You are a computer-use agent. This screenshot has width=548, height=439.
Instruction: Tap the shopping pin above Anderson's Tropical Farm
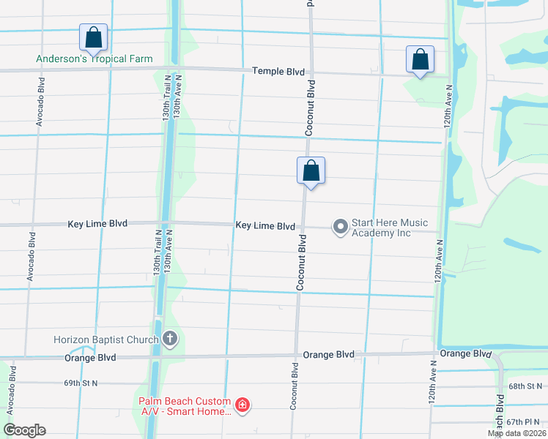point(94,37)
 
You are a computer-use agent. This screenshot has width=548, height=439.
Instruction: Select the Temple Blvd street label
point(278,71)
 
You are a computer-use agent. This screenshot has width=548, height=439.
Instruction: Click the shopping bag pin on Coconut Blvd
point(311,172)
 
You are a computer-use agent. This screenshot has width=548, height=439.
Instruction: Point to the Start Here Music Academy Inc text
point(390,228)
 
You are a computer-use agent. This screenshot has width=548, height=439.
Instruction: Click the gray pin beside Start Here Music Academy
point(340,227)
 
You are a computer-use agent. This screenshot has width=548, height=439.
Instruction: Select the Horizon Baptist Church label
point(106,339)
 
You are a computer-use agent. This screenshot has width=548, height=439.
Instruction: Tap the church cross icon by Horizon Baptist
point(170,339)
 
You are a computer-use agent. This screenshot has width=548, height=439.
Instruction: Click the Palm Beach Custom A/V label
point(186,406)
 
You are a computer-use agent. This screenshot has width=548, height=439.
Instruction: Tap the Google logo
point(24,430)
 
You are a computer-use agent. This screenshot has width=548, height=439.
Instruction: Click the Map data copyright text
point(517,433)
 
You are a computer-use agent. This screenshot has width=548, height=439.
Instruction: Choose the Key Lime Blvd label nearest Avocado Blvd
point(97,223)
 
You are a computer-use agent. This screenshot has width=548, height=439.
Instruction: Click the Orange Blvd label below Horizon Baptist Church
point(90,358)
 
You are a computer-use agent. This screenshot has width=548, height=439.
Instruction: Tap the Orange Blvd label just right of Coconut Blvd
point(329,355)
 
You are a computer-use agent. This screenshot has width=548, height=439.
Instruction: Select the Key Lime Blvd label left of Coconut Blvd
point(265,226)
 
